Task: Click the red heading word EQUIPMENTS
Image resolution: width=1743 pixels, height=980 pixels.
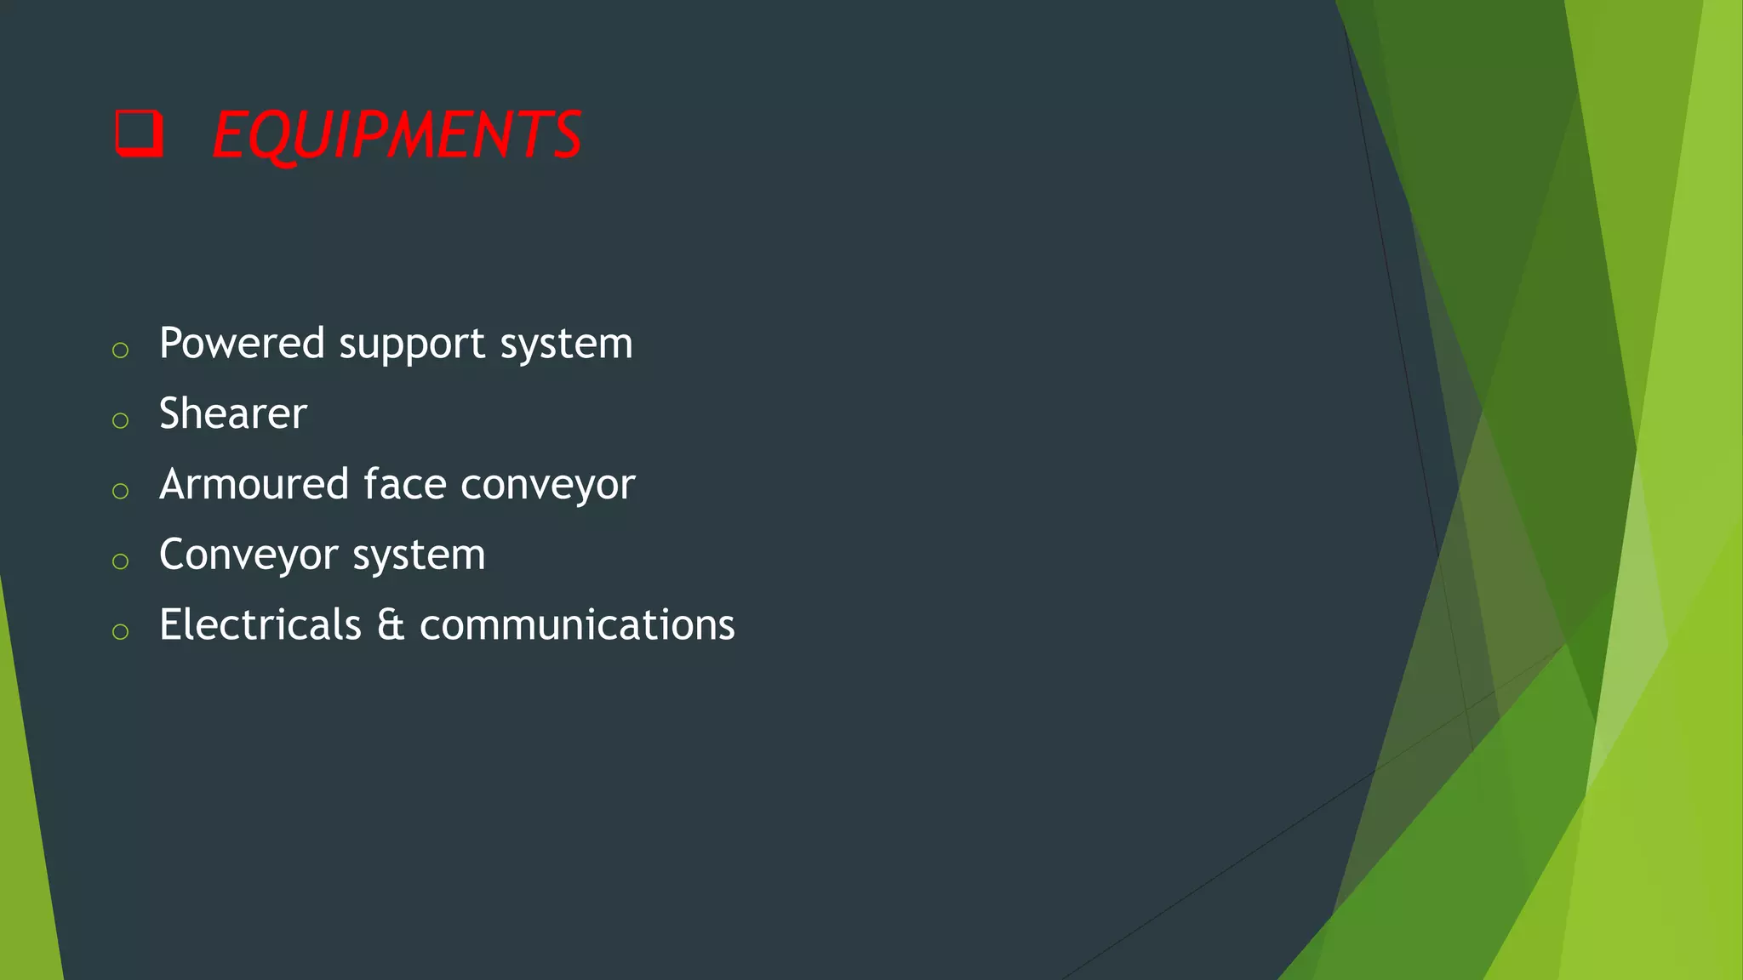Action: click(397, 135)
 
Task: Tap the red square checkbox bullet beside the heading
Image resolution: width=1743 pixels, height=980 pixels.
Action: click(139, 134)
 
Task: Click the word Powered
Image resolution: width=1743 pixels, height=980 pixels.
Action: click(242, 345)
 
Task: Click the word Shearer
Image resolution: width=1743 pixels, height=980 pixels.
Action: click(232, 414)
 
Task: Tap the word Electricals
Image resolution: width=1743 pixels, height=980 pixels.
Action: click(260, 625)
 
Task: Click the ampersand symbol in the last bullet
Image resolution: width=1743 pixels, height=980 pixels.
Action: click(391, 625)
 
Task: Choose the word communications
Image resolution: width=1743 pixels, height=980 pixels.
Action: click(577, 625)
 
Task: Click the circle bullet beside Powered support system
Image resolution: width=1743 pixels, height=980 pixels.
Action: click(120, 350)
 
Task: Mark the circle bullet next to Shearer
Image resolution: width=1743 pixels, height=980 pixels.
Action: click(120, 420)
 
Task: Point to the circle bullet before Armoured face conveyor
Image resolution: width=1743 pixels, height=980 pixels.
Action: click(120, 491)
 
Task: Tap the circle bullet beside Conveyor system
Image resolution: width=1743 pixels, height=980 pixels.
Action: click(120, 561)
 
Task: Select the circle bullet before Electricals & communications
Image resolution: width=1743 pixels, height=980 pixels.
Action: click(120, 631)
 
